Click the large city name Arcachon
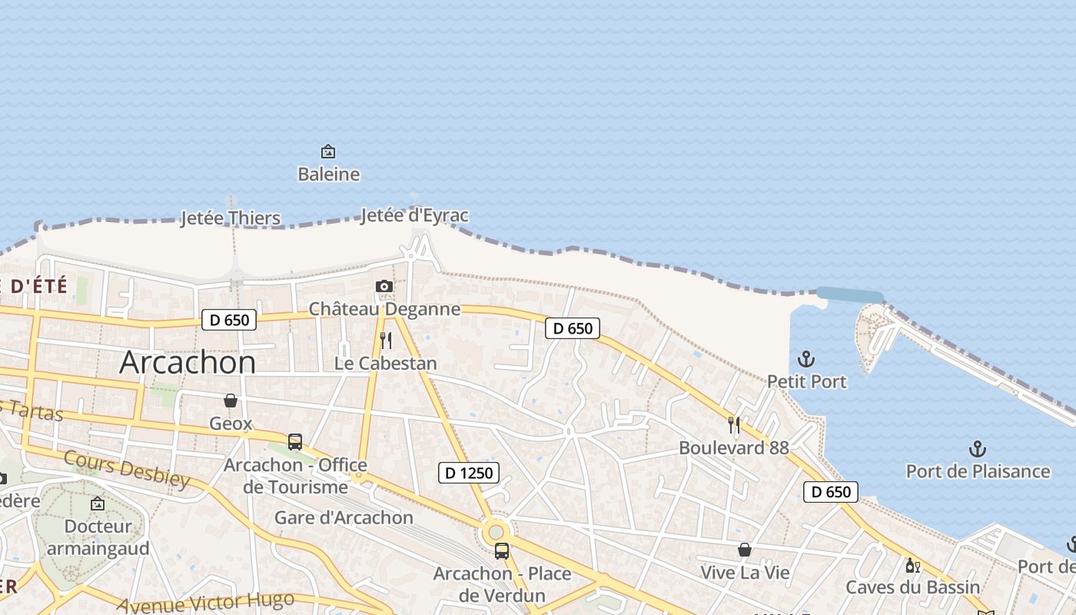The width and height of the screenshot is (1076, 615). (x=188, y=362)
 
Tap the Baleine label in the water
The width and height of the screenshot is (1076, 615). (x=328, y=175)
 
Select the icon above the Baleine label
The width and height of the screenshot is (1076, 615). (x=328, y=151)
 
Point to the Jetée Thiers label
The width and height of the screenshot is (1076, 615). (x=231, y=218)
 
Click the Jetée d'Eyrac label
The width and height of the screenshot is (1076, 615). (x=414, y=215)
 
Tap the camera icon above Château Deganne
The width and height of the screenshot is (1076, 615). (x=384, y=287)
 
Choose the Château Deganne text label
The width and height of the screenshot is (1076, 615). (x=384, y=309)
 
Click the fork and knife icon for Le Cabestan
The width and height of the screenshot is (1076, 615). (x=386, y=341)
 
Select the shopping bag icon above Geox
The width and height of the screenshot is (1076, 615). (x=231, y=401)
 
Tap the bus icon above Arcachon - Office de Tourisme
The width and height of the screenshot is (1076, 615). (x=295, y=442)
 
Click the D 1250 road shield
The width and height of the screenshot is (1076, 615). (x=469, y=473)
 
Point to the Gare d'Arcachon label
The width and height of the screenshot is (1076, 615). (x=344, y=517)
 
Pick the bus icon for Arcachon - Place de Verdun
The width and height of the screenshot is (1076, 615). (x=502, y=551)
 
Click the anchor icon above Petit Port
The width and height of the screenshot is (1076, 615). (x=806, y=359)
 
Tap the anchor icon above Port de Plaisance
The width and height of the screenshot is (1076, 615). (x=977, y=448)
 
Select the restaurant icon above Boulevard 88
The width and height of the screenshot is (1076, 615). (x=734, y=425)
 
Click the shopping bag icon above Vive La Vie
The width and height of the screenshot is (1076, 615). (x=744, y=550)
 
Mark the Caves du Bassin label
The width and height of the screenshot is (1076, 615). (x=913, y=587)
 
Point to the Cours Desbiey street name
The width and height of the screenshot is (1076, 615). (x=127, y=469)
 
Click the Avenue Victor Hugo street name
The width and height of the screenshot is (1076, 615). (x=206, y=602)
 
